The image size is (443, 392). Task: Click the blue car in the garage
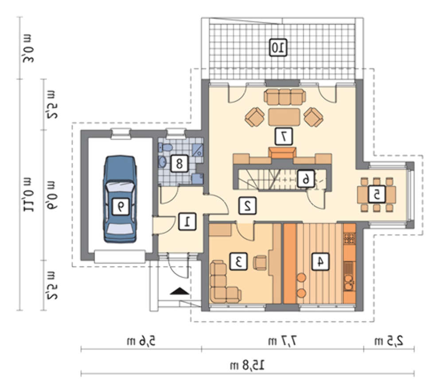[x=120, y=199]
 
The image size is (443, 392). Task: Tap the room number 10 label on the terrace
[x=278, y=47]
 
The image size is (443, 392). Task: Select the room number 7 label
[x=284, y=137]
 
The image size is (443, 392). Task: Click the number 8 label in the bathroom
[x=179, y=163]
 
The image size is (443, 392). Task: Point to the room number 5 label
[x=377, y=194]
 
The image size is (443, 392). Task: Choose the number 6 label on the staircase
[x=305, y=179]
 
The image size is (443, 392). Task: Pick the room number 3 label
[x=238, y=261]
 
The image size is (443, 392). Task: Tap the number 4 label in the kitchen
[x=320, y=261]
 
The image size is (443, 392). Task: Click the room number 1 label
[x=187, y=222]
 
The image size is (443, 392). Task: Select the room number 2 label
[x=248, y=206]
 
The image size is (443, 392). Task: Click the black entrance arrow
[x=179, y=291]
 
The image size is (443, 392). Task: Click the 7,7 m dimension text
[x=283, y=341]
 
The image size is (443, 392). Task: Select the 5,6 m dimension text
[x=141, y=341]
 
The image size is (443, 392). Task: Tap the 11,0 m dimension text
[x=28, y=195]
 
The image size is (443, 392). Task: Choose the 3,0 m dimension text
[x=28, y=48]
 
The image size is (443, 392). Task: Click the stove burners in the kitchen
[x=349, y=238]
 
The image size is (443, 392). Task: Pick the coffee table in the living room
[x=284, y=116]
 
